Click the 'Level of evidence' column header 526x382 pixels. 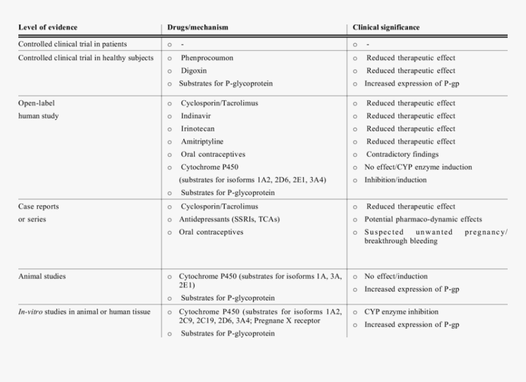click(48, 28)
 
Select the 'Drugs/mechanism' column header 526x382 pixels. click(198, 28)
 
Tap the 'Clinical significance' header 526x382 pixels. click(386, 28)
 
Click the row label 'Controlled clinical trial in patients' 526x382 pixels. click(81, 45)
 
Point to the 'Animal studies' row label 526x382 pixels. click(42, 276)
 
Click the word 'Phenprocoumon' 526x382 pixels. click(207, 58)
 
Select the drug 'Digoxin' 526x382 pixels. click(194, 71)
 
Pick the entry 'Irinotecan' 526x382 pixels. click(198, 129)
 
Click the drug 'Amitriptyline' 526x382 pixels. click(202, 142)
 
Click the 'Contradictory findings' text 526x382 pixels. click(402, 155)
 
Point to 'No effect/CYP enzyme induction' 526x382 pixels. click(418, 167)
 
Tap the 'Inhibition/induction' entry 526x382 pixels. click(396, 180)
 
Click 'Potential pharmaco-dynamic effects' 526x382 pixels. click(423, 219)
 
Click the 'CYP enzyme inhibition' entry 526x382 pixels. click(401, 312)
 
